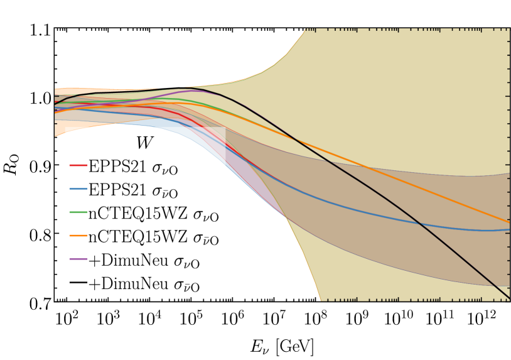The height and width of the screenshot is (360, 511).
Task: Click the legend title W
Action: [x=144, y=143]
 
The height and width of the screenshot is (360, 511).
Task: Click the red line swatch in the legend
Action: [x=78, y=167]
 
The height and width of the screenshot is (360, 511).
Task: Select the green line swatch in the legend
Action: [x=78, y=215]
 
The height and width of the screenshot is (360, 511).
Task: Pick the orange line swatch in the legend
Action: [x=78, y=239]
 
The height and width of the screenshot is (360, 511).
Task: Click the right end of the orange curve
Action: [x=509, y=222]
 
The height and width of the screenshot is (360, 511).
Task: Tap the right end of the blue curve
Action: [x=509, y=229]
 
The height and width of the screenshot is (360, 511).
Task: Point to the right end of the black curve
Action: [x=509, y=298]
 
